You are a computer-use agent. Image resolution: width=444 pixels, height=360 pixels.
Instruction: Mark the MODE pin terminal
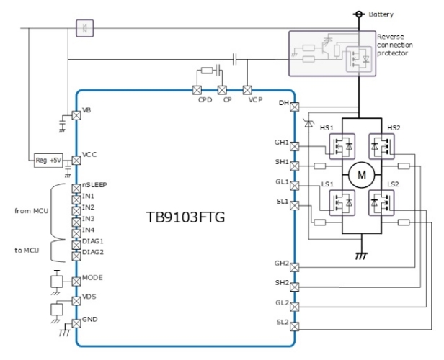pos(76,281)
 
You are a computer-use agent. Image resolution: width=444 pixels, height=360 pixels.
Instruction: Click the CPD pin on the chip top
pos(196,90)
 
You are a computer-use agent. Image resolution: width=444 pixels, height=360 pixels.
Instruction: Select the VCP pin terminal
pos(248,90)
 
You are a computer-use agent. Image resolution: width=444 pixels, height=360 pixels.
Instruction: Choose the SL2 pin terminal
pos(294,325)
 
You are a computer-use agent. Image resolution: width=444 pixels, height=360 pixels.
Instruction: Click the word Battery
pos(382,14)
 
